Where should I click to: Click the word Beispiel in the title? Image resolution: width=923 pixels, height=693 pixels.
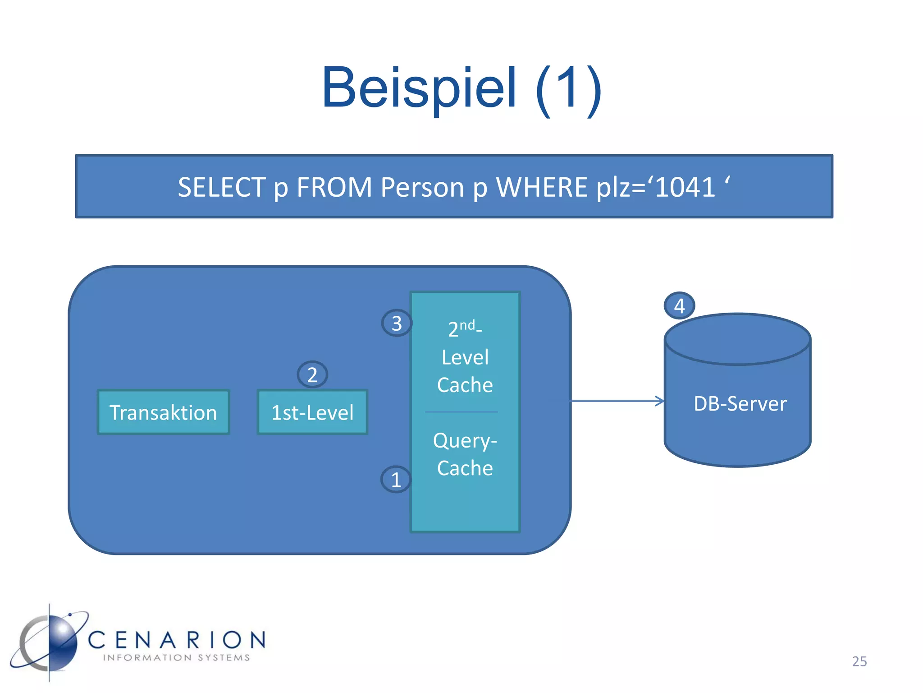click(x=419, y=88)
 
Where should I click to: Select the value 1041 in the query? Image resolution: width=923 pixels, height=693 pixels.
click(x=685, y=187)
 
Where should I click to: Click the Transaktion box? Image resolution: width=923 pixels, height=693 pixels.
click(x=163, y=412)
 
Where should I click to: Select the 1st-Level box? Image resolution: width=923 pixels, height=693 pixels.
click(x=312, y=412)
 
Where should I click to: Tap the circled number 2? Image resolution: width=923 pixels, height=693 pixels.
click(x=312, y=374)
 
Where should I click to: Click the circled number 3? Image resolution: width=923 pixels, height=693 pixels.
click(x=397, y=323)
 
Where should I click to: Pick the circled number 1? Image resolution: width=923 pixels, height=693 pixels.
click(x=396, y=479)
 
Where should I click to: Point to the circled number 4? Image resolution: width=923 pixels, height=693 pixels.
click(x=679, y=306)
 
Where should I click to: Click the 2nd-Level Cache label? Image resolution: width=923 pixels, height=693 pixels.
click(x=465, y=356)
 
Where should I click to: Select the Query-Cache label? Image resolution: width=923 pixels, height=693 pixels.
click(x=465, y=454)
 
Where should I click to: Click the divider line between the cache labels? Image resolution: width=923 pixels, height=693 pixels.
click(x=461, y=412)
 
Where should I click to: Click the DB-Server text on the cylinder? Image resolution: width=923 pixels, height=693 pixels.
click(x=740, y=403)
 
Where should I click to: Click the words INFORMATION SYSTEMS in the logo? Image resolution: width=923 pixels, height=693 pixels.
click(x=176, y=658)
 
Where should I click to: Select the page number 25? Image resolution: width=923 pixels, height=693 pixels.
click(x=859, y=661)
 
